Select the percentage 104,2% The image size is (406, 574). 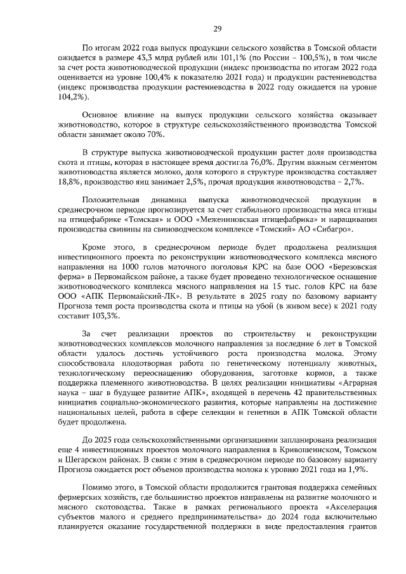click(70, 98)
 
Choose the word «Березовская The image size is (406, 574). click(351, 267)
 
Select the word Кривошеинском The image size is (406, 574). click(303, 449)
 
